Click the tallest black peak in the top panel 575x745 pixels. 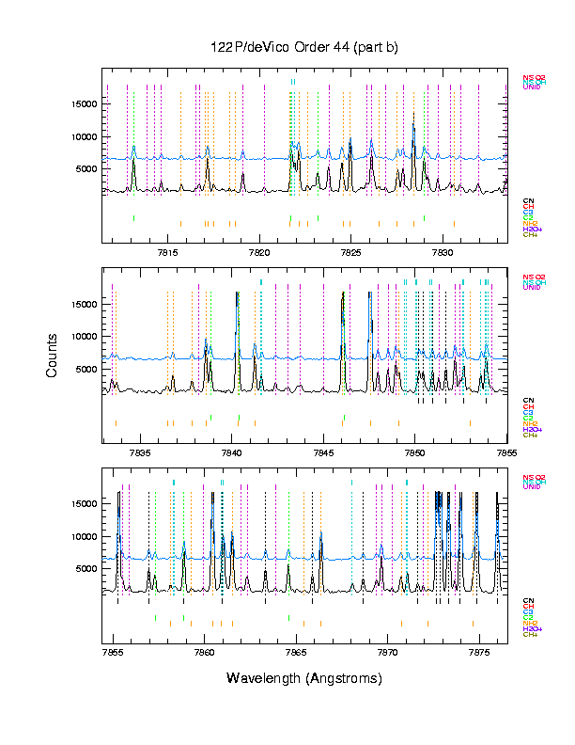pos(413,115)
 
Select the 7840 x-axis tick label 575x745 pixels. pos(231,452)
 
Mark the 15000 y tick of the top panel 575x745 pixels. pos(85,104)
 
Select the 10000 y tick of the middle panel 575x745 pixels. pos(85,337)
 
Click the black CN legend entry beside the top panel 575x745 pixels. pos(527,200)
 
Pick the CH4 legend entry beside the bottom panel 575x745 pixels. pos(530,634)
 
